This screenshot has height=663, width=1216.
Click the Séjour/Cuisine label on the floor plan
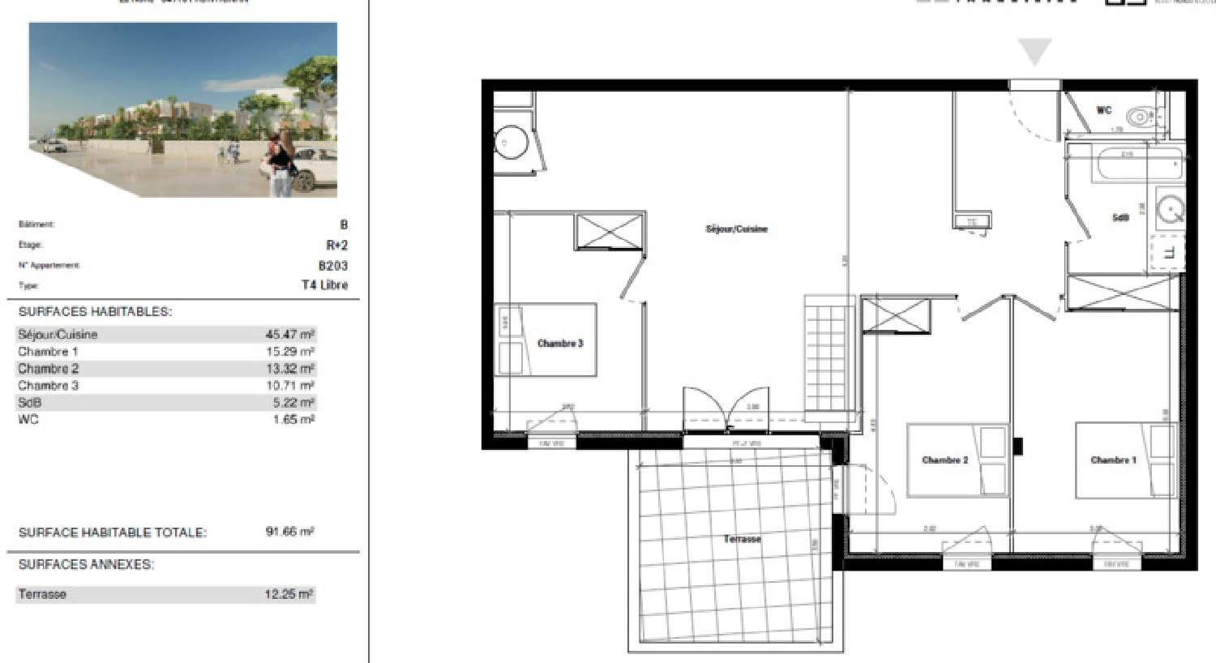pyautogui.click(x=736, y=229)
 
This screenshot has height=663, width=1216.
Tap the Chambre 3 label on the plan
pyautogui.click(x=560, y=344)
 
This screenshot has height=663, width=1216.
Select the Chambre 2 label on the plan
pyautogui.click(x=944, y=460)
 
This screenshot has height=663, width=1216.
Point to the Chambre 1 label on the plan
pyautogui.click(x=1113, y=460)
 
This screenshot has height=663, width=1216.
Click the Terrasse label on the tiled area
pyautogui.click(x=742, y=539)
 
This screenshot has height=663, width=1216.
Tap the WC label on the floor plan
pyautogui.click(x=1103, y=110)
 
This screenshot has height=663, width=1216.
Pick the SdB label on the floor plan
pyautogui.click(x=1120, y=218)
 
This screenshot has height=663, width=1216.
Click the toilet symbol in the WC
pyautogui.click(x=1142, y=117)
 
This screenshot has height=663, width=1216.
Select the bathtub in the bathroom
pyautogui.click(x=1127, y=166)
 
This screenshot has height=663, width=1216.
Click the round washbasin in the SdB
pyautogui.click(x=1170, y=208)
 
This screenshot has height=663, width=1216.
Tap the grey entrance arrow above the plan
pyautogui.click(x=1034, y=52)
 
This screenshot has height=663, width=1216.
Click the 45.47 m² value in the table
pyautogui.click(x=289, y=335)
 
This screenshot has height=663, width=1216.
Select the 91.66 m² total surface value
pyautogui.click(x=289, y=533)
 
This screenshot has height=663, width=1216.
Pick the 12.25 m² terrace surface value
pyautogui.click(x=289, y=594)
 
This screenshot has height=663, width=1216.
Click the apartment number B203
pyautogui.click(x=332, y=265)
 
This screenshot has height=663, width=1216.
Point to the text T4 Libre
pyautogui.click(x=324, y=285)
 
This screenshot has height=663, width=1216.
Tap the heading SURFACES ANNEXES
pyautogui.click(x=86, y=565)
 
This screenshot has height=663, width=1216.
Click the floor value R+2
pyautogui.click(x=336, y=245)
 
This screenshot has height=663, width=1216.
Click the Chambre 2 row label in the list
pyautogui.click(x=49, y=369)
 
